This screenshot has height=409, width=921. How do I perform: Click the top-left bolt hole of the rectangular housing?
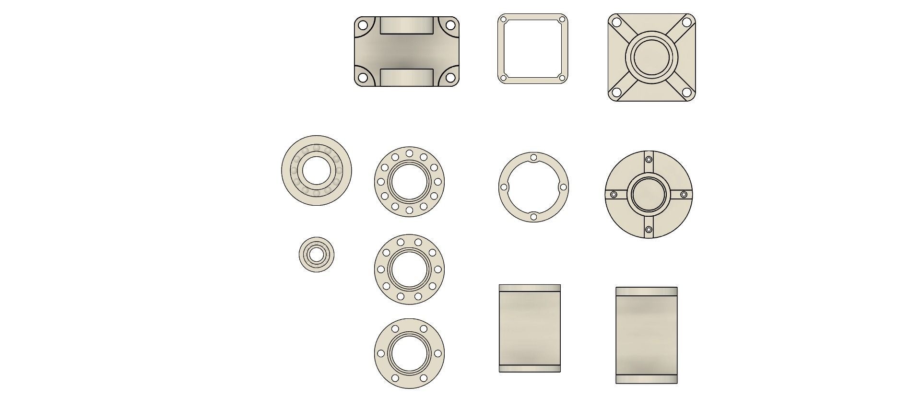pos(363,25)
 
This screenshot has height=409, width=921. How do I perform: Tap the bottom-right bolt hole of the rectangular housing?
pos(450,77)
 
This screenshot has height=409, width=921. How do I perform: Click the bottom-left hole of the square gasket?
pos(503,78)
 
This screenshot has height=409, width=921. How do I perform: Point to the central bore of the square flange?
pos(651,57)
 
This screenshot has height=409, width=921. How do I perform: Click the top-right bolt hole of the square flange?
pos(686,22)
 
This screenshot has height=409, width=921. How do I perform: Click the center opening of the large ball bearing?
pos(316,170)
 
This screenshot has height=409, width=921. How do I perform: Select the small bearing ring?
pos(316,255)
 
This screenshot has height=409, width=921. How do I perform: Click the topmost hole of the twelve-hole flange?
pos(409,153)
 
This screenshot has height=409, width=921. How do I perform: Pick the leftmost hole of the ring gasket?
pos(504,187)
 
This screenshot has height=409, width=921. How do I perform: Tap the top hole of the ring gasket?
pos(533,157)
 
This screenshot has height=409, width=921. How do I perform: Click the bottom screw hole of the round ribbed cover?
pos(649,230)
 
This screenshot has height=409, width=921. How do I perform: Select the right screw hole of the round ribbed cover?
pos(684,194)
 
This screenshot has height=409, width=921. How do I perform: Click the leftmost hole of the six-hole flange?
pos(381,353)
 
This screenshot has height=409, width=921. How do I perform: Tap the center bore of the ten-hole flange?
pos(409,269)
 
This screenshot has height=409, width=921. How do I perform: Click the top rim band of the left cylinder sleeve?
pos(530,288)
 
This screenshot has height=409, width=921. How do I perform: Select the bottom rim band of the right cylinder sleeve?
pos(646,379)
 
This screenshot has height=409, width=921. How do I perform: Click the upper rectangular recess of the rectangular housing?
pos(407,25)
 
